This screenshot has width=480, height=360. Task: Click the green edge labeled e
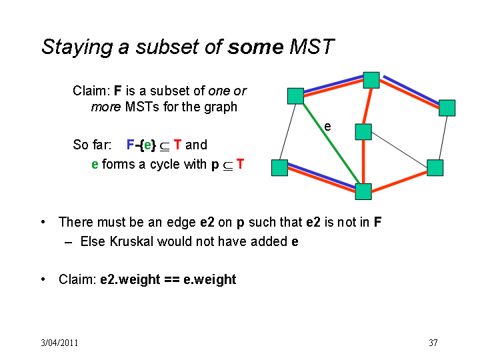pos(331,144)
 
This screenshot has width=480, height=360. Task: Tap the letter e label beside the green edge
pos(327,127)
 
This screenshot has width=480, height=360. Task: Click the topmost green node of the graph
pos(371,80)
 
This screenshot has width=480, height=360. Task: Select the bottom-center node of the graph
pos(363,191)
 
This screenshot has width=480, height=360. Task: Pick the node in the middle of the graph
pos(363,132)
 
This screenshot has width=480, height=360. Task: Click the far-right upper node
pos(447,108)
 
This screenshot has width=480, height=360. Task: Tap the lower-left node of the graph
pos(279,168)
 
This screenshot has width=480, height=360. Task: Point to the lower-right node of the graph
pos(435,168)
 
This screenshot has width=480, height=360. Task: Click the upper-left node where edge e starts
pos(295,96)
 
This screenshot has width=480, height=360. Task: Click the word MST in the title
pos(311,47)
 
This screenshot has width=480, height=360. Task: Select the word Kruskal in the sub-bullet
pos(131,241)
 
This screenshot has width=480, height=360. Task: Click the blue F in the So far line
pos(130,145)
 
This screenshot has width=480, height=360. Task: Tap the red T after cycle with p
pos(240,164)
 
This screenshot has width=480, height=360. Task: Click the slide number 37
pos(433,343)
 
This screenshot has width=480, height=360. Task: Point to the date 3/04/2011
pos(59,343)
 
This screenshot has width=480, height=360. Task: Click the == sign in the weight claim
pos(172,279)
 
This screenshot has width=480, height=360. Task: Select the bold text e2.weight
pos(130,280)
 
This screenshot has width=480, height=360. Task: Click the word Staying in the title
pos(77,47)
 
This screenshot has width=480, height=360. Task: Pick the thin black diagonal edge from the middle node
pos(399,150)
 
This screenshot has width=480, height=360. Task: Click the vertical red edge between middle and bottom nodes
pos(363,161)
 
